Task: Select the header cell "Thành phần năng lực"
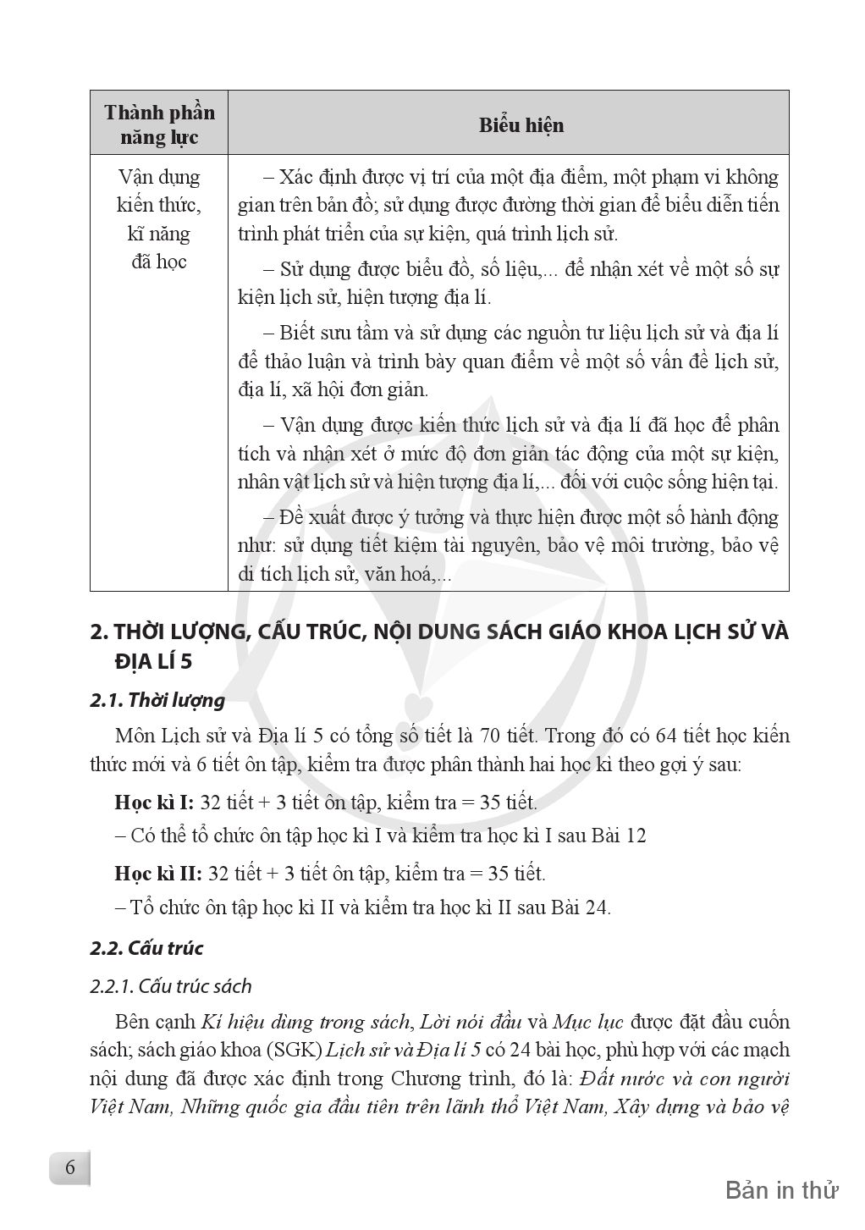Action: pos(159,124)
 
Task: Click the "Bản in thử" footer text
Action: pos(781,1190)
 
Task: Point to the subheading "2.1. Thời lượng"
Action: pos(157,700)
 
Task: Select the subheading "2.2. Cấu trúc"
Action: pos(146,947)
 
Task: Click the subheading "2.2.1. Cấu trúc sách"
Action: pos(171,986)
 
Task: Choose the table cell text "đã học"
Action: pos(158,262)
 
